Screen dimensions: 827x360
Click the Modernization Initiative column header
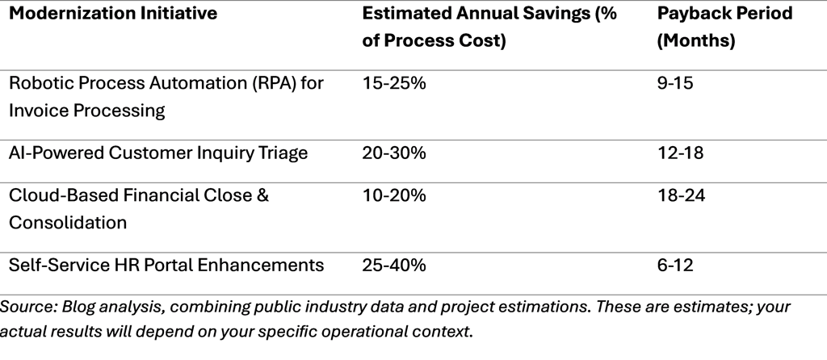pyautogui.click(x=113, y=15)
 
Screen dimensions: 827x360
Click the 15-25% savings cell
pyautogui.click(x=394, y=84)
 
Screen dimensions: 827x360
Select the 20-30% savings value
pyautogui.click(x=394, y=153)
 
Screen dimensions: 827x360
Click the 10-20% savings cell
pyautogui.click(x=394, y=196)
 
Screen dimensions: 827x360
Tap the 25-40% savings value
pyautogui.click(x=394, y=265)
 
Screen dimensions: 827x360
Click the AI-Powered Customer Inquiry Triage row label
pyautogui.click(x=158, y=153)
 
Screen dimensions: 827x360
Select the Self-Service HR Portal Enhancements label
pyautogui.click(x=166, y=265)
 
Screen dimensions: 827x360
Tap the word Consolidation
pyautogui.click(x=68, y=223)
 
